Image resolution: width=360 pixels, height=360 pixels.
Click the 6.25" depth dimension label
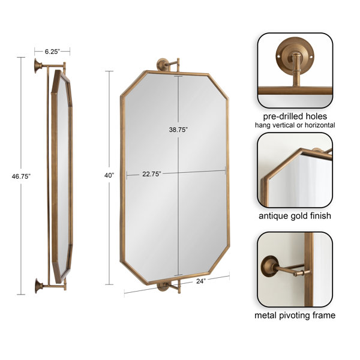pyautogui.click(x=52, y=52)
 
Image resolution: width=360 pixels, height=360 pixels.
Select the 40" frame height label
pyautogui.click(x=109, y=175)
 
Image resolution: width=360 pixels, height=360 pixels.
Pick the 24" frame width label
pyautogui.click(x=200, y=280)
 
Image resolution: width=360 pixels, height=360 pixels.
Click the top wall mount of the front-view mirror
pyautogui.click(x=163, y=63)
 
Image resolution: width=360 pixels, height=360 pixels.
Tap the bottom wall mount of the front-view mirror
pyautogui.click(x=163, y=287)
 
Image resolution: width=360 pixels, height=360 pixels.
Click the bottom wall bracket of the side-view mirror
pyautogui.click(x=38, y=286)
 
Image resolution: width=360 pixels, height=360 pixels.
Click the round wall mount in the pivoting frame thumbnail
pyautogui.click(x=268, y=265)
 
